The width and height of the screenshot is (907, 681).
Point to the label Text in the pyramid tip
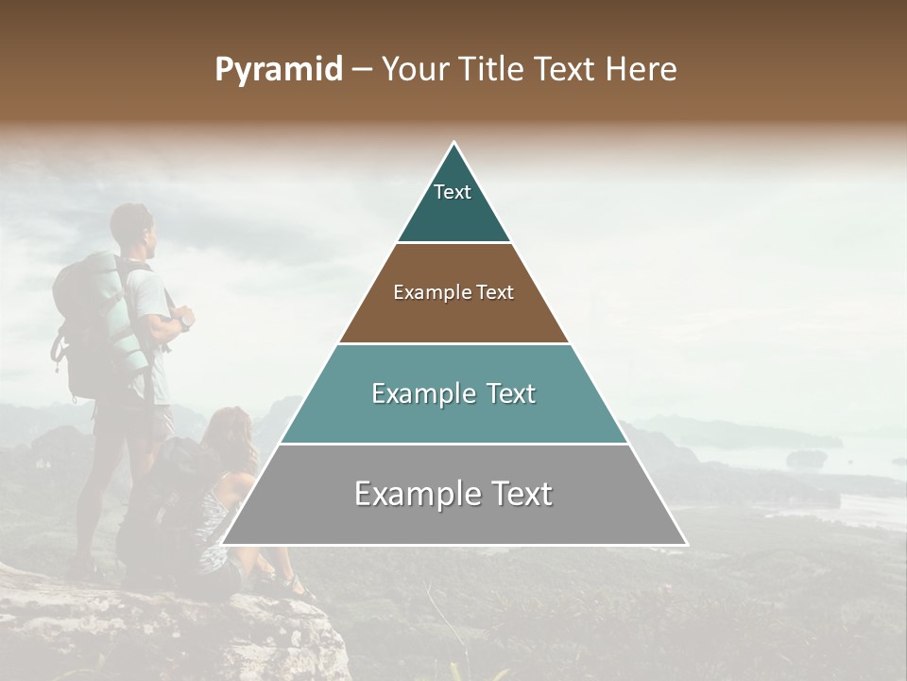pos(453,192)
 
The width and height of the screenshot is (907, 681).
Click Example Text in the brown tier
pos(453,292)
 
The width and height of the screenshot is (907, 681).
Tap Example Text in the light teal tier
pos(453,393)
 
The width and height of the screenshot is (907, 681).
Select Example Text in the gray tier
pos(453,494)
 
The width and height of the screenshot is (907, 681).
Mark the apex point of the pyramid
pos(454,142)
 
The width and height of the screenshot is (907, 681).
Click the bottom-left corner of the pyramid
pos(222,545)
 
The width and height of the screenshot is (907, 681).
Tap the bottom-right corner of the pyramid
pos(687,545)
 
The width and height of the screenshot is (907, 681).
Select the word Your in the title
pos(413,70)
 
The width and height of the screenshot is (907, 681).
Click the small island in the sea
pos(806,459)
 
